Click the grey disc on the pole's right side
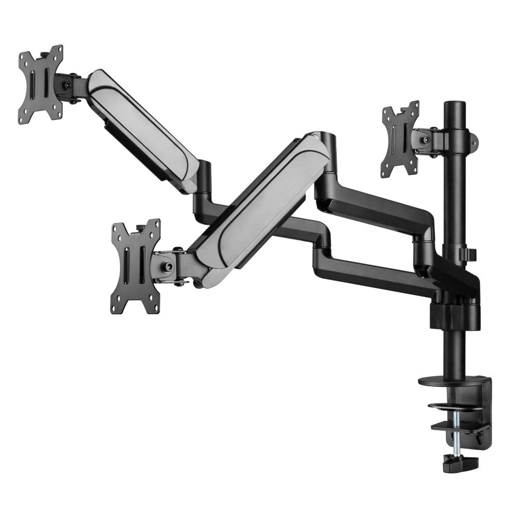point(473,139)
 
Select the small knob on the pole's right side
point(472,254)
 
